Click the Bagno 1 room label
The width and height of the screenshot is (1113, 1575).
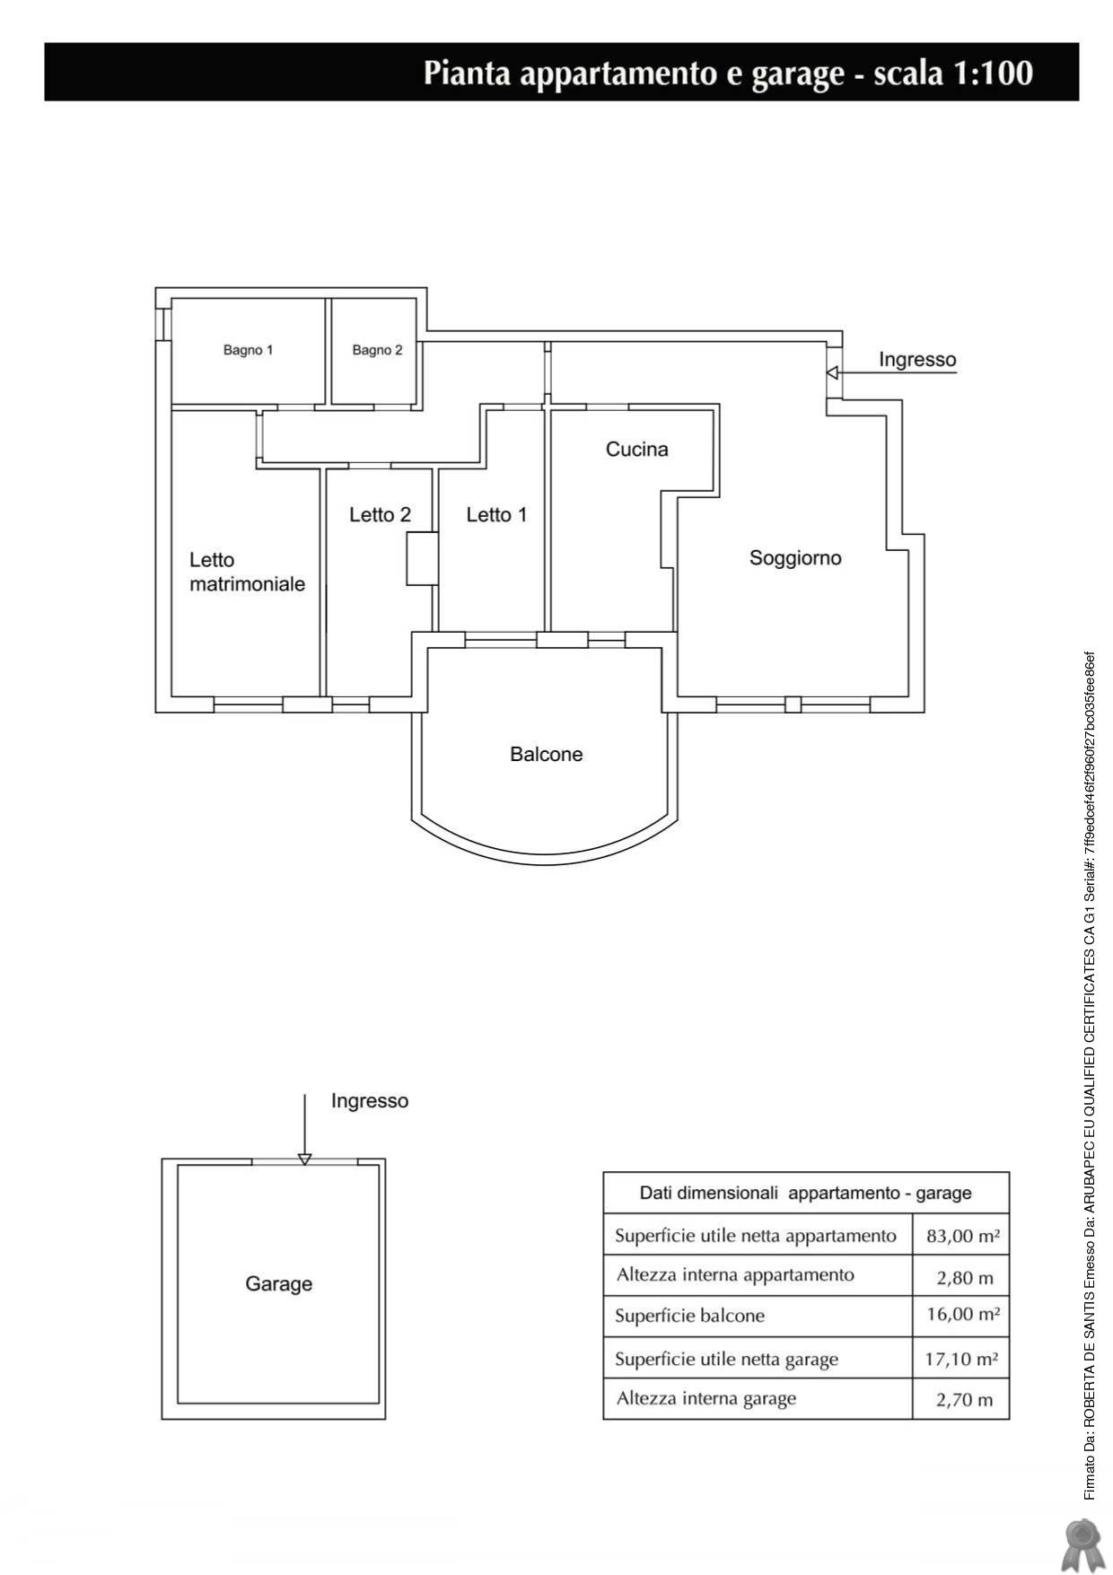248,350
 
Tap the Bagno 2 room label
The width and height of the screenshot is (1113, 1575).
377,350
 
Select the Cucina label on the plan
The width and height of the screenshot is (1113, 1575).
637,449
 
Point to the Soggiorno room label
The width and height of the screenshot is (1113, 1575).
795,558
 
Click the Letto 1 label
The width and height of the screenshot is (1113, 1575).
496,515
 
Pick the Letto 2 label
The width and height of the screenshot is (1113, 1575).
381,515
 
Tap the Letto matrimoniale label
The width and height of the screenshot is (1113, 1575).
247,572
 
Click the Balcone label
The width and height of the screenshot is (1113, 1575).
547,755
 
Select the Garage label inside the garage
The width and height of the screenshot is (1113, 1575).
279,1284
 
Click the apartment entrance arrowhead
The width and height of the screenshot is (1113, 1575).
832,372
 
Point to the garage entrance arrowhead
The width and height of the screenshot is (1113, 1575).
304,1159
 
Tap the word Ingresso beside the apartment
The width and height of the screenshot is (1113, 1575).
917,360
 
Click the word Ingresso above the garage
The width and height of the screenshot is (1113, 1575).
370,1101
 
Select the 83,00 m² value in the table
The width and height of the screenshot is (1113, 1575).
963,1236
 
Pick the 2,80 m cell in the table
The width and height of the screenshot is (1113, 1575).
965,1277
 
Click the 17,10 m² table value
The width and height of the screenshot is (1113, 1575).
961,1359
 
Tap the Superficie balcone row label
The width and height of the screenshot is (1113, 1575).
690,1317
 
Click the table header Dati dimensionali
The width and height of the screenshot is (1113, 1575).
709,1194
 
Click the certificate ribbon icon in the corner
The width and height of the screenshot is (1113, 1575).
1081,1545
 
